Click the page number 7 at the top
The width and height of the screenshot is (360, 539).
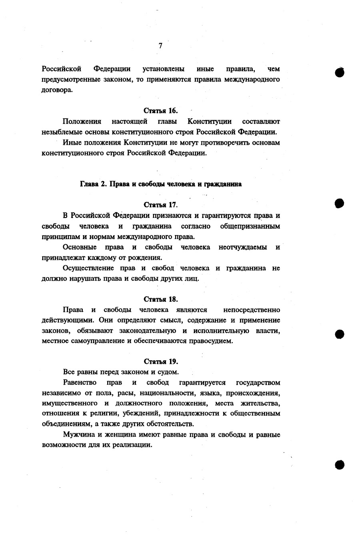(160, 46)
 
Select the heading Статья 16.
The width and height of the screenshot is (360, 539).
(160, 111)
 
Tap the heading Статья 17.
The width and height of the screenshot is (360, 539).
(160, 205)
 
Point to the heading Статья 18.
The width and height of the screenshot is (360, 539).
(160, 299)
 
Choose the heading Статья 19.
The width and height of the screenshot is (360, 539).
(160, 361)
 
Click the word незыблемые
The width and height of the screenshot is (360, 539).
(61, 132)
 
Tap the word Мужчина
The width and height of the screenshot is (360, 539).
(78, 435)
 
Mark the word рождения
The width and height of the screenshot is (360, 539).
(147, 258)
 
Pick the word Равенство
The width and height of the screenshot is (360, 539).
(80, 383)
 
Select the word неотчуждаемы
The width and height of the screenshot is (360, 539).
(243, 247)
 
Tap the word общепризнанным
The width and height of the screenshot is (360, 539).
(250, 226)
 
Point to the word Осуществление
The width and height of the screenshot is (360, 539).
(88, 268)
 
